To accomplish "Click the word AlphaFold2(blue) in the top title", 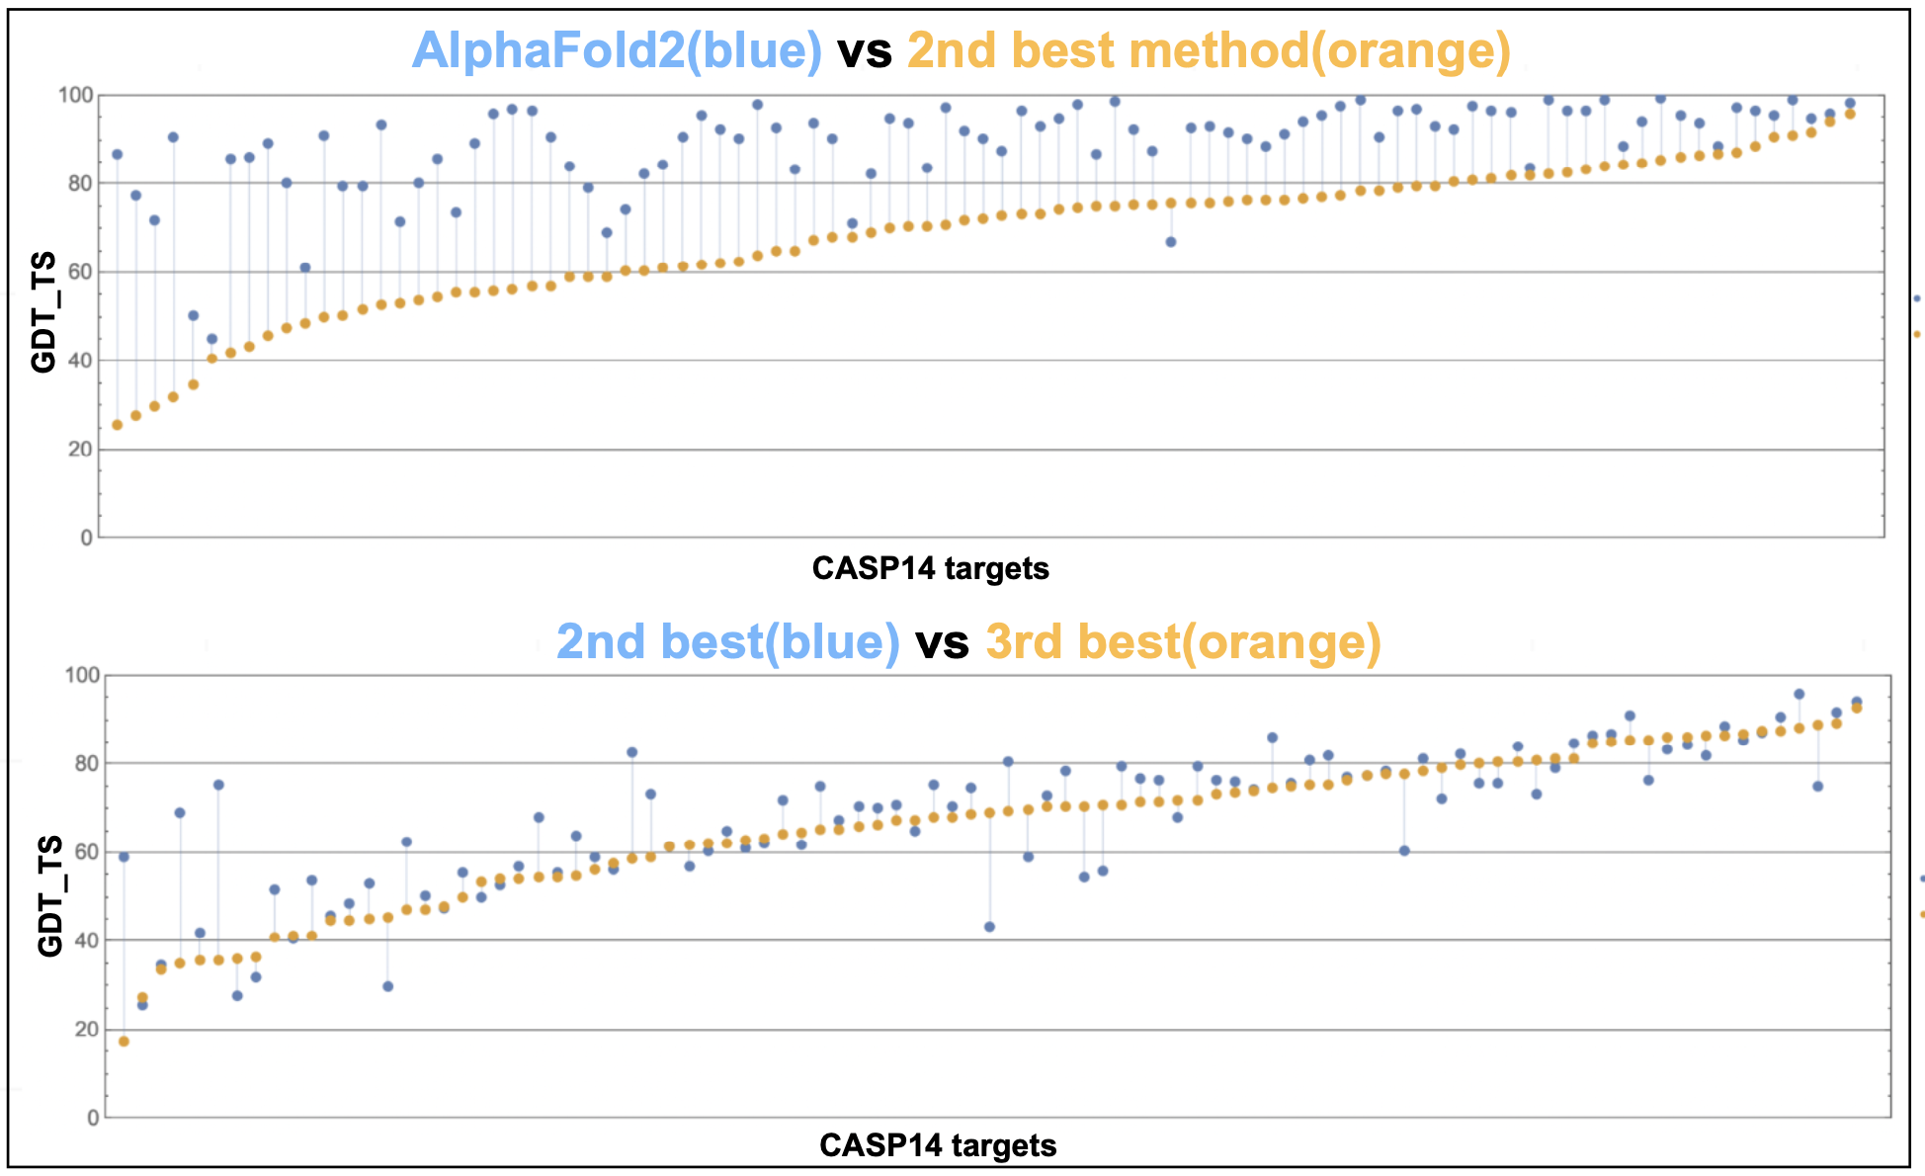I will pos(617,50).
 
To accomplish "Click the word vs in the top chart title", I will pos(865,50).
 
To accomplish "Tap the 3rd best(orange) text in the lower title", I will pos(1183,641).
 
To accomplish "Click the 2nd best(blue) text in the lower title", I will pos(727,641).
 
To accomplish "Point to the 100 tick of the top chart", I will pos(76,96).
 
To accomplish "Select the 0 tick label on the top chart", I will pos(87,538).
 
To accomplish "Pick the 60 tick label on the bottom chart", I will pos(87,852).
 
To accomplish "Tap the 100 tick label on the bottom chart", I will pos(82,676).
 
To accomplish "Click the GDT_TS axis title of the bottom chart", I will pos(49,896).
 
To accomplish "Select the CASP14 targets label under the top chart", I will pos(930,569).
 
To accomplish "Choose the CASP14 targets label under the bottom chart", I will pos(938,1146).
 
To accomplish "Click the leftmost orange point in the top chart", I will pos(117,425).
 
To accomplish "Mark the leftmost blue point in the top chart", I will pos(117,154).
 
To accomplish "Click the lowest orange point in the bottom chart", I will pos(124,1042).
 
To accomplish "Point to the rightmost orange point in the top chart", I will pos(1850,114).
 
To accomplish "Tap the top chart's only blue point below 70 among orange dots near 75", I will pos(1171,242).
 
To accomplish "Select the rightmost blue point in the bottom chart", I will pos(1856,702).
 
